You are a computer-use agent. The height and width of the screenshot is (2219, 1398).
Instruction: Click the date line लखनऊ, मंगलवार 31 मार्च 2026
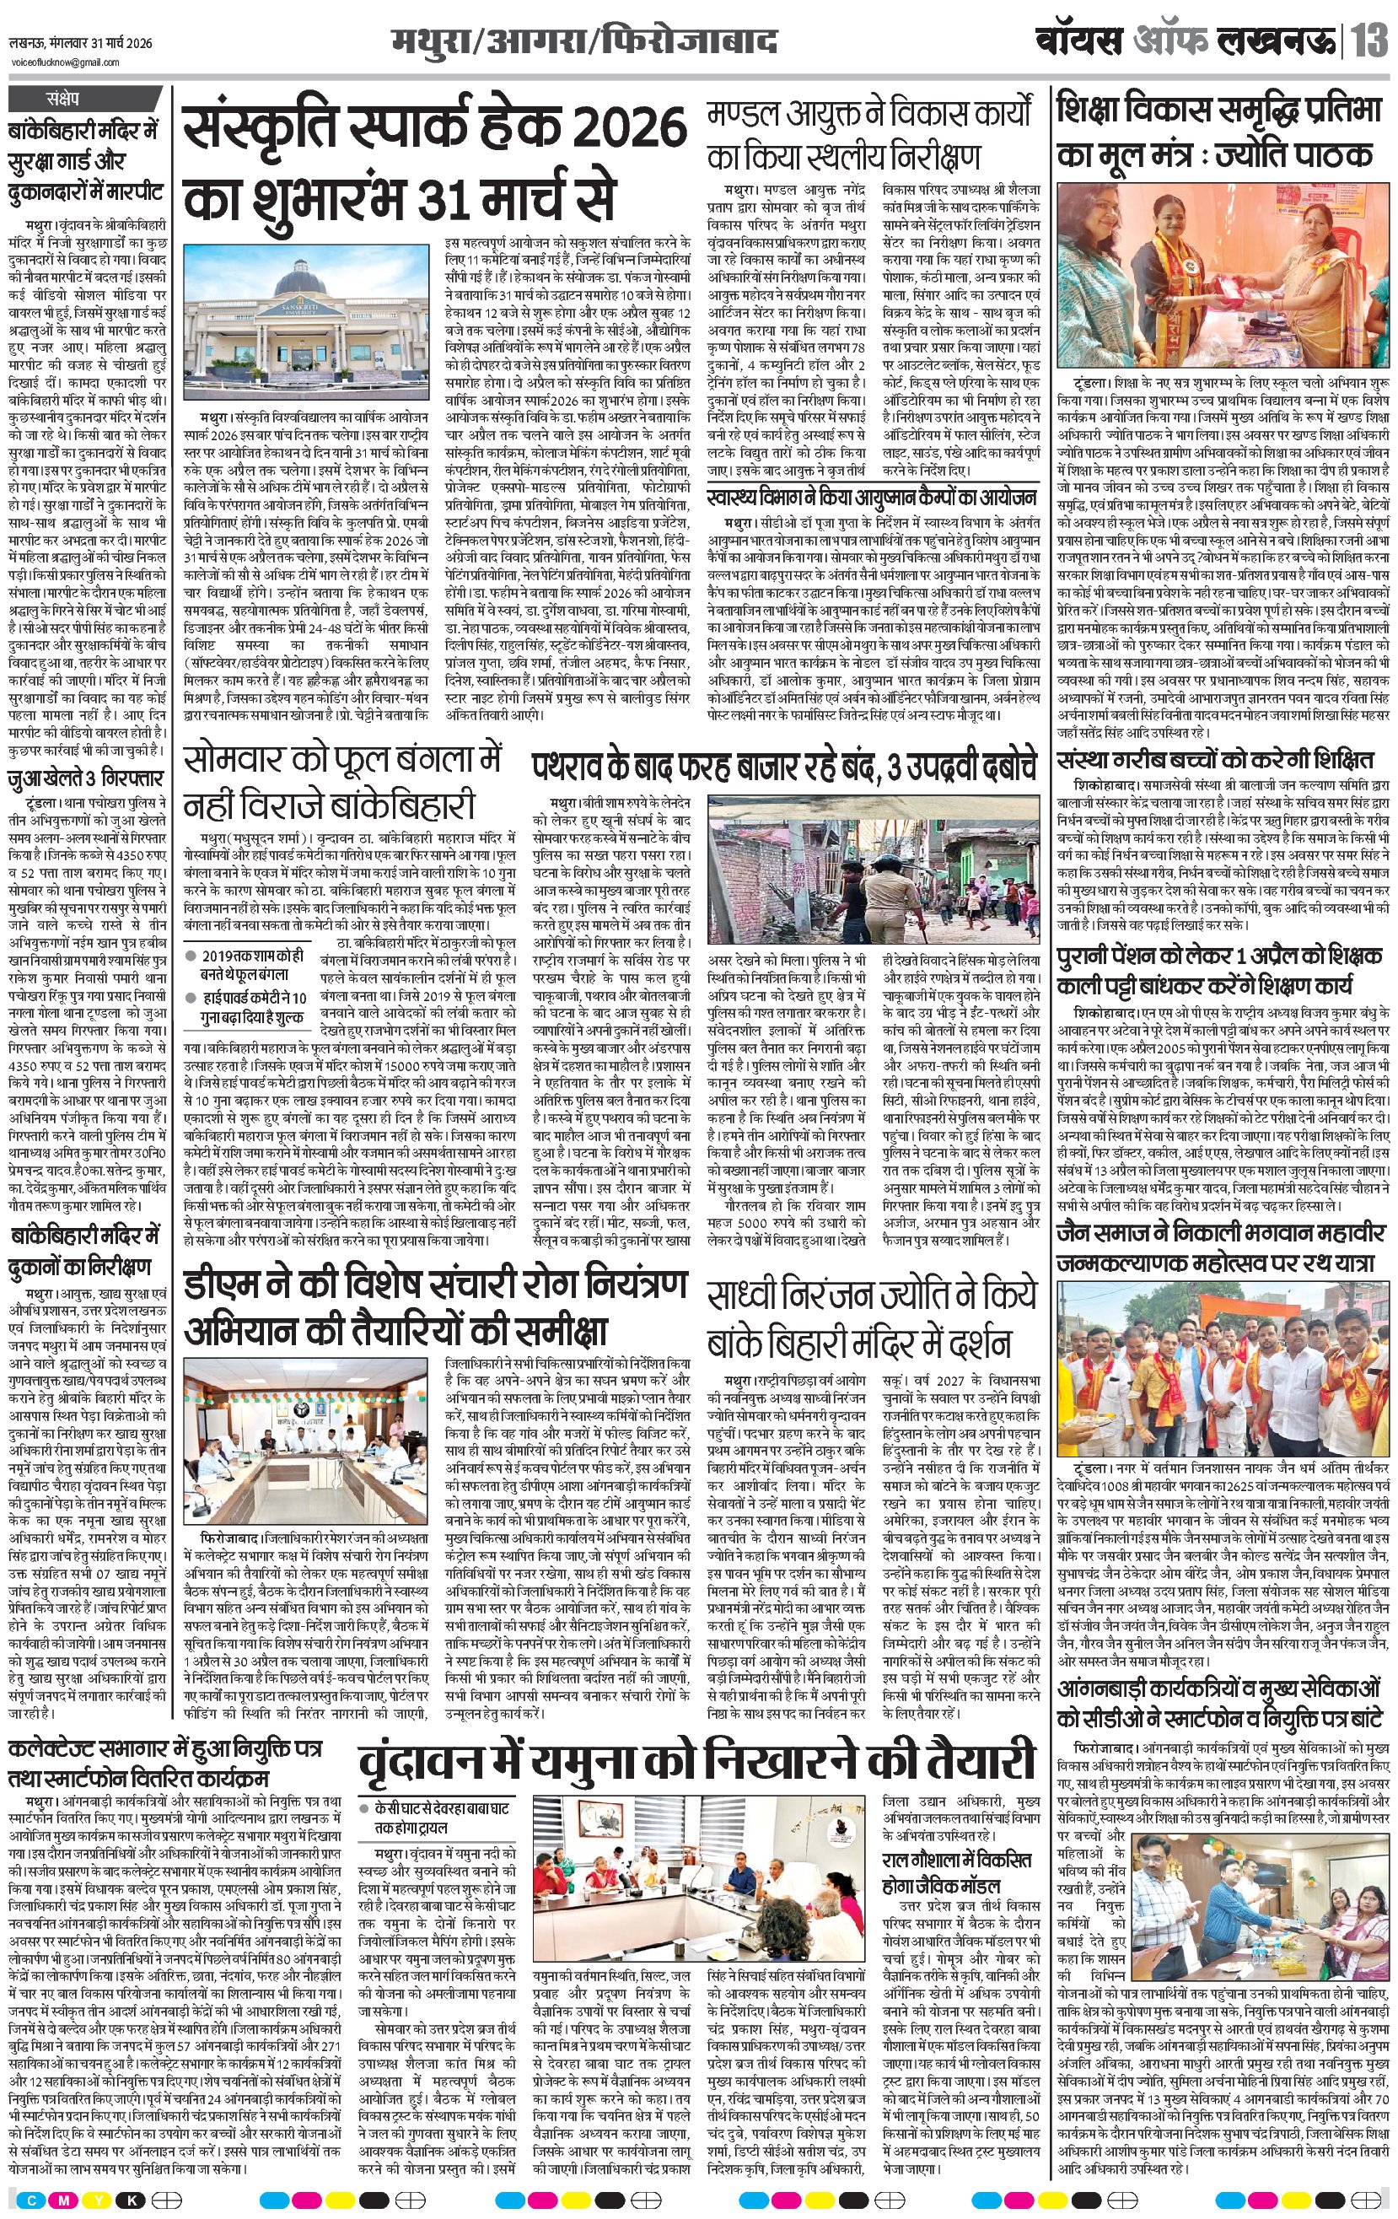point(80,44)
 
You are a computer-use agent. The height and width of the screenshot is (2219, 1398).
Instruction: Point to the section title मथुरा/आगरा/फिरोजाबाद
point(583,42)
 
